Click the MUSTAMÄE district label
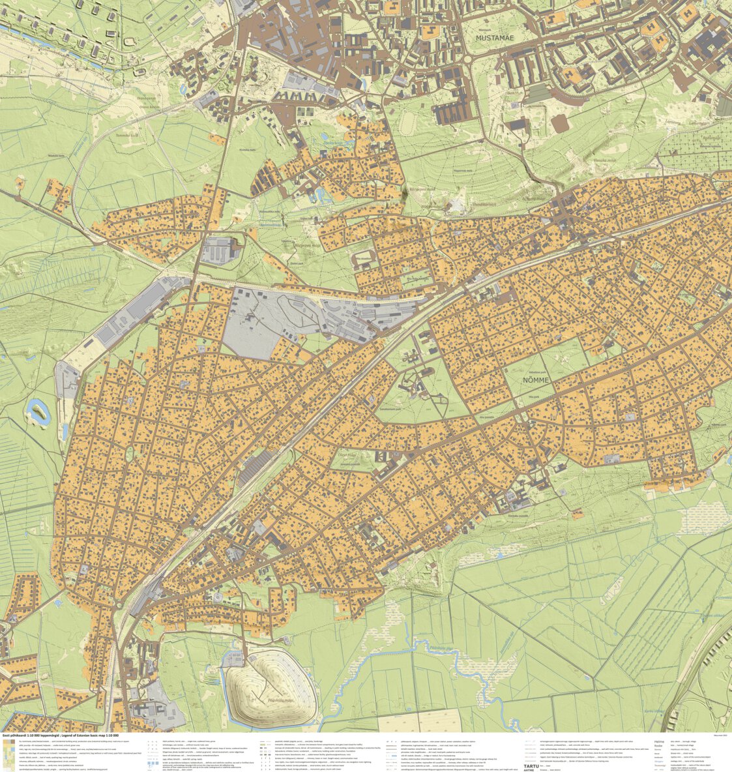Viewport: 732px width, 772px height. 495,38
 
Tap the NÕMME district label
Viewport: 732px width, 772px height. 536,379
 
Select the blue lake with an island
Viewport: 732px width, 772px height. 38,411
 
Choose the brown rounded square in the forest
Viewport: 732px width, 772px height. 559,124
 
